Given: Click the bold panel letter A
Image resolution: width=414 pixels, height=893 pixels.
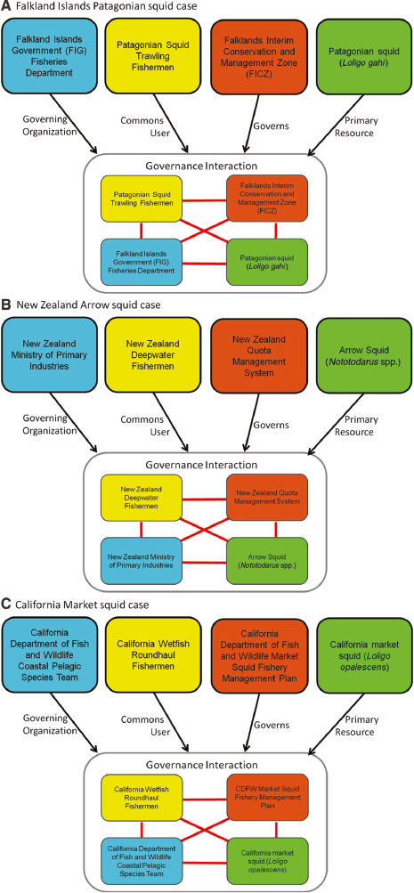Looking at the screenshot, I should pyautogui.click(x=7, y=7).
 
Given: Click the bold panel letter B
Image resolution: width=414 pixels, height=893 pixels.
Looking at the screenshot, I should pyautogui.click(x=7, y=304).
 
